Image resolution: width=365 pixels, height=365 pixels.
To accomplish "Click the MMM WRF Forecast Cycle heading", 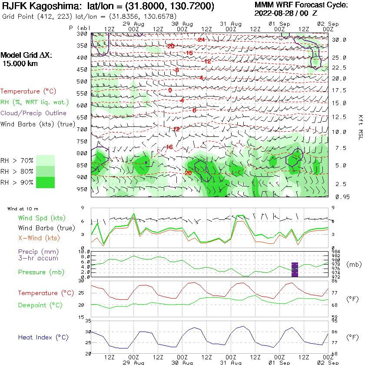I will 301,5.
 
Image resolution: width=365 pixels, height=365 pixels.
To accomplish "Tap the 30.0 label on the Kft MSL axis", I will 339,40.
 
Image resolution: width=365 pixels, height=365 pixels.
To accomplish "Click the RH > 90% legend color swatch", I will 45,182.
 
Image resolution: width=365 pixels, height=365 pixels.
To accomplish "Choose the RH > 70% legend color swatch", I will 45,160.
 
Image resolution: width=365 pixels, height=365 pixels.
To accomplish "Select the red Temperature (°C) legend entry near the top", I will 29,92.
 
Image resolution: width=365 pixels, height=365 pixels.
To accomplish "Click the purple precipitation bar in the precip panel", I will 295,270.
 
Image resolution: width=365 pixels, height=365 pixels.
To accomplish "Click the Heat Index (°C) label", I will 43,337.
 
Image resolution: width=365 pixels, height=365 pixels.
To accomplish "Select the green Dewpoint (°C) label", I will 40,305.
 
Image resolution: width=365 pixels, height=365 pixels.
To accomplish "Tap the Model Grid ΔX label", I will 26,56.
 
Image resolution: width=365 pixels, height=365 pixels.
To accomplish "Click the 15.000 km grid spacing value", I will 20,63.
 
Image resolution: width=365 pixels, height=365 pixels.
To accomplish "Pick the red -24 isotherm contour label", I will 201,40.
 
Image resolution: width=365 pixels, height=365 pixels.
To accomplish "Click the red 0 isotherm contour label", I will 170,90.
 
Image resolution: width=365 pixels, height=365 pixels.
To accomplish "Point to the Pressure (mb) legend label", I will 40,272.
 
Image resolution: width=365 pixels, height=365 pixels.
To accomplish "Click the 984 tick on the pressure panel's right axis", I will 335,252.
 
